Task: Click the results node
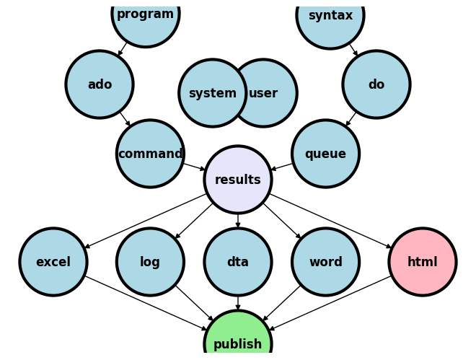(x=238, y=180)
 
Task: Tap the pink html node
(x=423, y=262)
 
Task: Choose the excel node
(x=53, y=262)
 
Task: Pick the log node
(x=150, y=262)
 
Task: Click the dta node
(x=238, y=262)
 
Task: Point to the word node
(x=326, y=262)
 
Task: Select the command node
(x=150, y=154)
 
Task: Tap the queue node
(x=326, y=154)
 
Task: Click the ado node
(x=100, y=84)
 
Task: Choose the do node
(x=376, y=84)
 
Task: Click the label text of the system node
(x=212, y=93)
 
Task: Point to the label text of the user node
(x=264, y=93)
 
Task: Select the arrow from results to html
(x=330, y=221)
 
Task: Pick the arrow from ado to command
(x=125, y=119)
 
